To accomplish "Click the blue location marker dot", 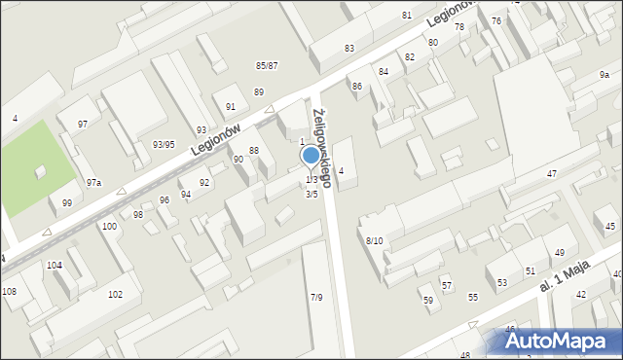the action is (x=311, y=155).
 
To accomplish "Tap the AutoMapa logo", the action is (x=556, y=341).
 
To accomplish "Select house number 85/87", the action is (x=267, y=65).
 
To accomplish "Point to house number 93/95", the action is (x=164, y=144).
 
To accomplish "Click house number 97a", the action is (x=93, y=182).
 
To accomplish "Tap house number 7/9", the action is (x=316, y=297).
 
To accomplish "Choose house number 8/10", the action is (x=375, y=239).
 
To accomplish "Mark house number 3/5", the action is (x=311, y=194).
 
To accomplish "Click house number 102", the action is (x=115, y=294).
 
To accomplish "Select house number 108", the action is (x=9, y=291).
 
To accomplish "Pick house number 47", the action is (x=551, y=173).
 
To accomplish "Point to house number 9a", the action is (x=605, y=75).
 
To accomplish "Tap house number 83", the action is (x=349, y=48).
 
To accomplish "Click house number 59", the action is (x=427, y=300).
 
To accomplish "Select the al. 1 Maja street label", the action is (x=564, y=283).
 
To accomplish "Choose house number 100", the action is (x=109, y=226).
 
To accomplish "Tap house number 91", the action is (x=231, y=106).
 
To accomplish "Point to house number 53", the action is (x=502, y=283).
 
